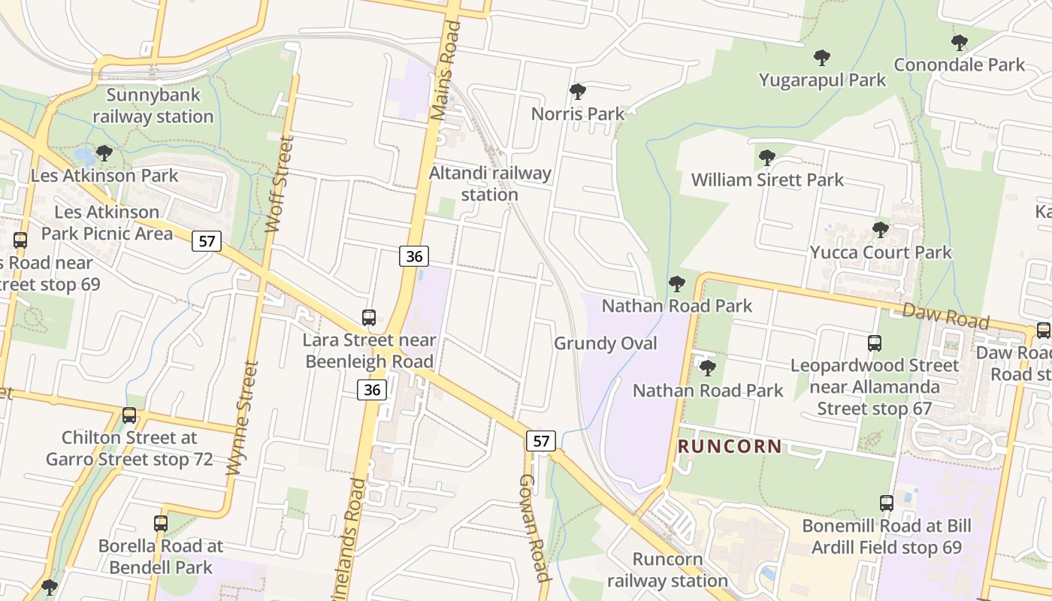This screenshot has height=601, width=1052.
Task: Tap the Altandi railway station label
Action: pos(490,183)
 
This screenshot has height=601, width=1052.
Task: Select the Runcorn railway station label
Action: pos(667,569)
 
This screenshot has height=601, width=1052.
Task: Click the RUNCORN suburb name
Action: pos(730,446)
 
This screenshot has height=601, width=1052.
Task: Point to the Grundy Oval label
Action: pos(606,343)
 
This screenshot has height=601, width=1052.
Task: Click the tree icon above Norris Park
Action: pos(577,92)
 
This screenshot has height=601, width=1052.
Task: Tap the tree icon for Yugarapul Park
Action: pos(822,57)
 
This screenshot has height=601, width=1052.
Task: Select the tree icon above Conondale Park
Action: pos(959,42)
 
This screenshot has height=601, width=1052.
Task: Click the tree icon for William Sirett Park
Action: pos(766,157)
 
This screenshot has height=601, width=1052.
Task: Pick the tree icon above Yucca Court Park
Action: pos(880,229)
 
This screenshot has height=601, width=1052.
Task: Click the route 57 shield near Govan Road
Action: pos(541,440)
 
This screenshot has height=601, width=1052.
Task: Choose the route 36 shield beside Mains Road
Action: pos(413,256)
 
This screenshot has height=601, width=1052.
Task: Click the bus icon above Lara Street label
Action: pos(368,318)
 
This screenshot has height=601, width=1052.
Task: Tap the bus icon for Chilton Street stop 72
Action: pos(129,415)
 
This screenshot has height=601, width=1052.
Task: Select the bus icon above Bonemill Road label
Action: pos(887,503)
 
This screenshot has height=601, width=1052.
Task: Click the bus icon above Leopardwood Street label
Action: pos(874,343)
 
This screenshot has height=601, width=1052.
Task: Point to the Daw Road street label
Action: pos(945,316)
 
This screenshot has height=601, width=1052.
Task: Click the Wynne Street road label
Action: pos(243,418)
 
